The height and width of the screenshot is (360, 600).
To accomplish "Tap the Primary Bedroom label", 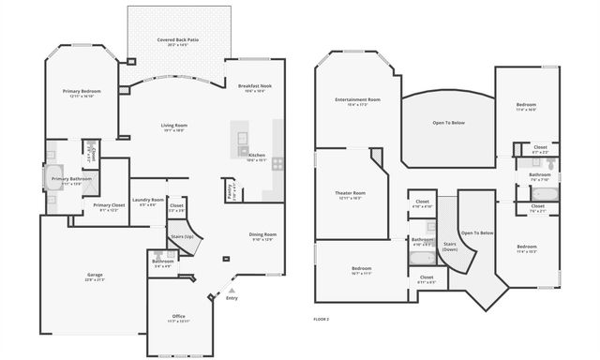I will coord(82,91).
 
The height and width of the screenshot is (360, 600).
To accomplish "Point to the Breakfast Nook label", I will coord(255,86).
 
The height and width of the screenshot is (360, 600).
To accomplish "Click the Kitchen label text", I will coord(256,155).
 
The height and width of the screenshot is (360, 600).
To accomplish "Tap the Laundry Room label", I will coord(147,199).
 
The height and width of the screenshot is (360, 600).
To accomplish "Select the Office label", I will coord(178,316).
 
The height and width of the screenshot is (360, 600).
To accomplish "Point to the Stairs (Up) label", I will coord(182,236).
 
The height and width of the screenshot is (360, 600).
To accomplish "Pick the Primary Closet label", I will coord(109,204).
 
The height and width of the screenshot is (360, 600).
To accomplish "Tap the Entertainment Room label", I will coord(357,99).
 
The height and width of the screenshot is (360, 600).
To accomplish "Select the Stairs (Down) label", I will coord(450,245).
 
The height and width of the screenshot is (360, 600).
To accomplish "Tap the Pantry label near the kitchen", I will coord(230,192).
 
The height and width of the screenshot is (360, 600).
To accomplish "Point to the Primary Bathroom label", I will coord(71,178).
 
